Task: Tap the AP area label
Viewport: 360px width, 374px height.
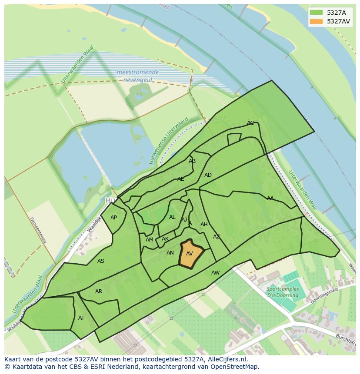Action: click(x=113, y=218)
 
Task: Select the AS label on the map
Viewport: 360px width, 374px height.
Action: click(x=101, y=261)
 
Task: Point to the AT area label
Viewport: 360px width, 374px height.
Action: click(x=81, y=318)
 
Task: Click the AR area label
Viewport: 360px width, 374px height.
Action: click(x=99, y=291)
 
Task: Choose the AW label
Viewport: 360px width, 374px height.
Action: click(x=215, y=273)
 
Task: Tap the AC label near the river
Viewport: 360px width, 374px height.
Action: click(x=250, y=123)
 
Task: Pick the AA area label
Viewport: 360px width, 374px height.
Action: click(x=270, y=199)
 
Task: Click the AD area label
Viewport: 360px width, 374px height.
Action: click(x=208, y=175)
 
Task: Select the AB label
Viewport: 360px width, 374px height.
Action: click(x=192, y=161)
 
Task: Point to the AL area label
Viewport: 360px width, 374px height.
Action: click(x=172, y=217)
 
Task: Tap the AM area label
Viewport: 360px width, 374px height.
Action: click(x=150, y=240)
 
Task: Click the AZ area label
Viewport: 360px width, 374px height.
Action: click(x=217, y=237)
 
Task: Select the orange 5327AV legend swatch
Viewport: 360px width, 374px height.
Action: click(x=317, y=21)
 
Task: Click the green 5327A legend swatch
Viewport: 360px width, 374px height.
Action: click(x=317, y=13)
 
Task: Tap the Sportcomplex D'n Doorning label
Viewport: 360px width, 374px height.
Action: click(x=283, y=292)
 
